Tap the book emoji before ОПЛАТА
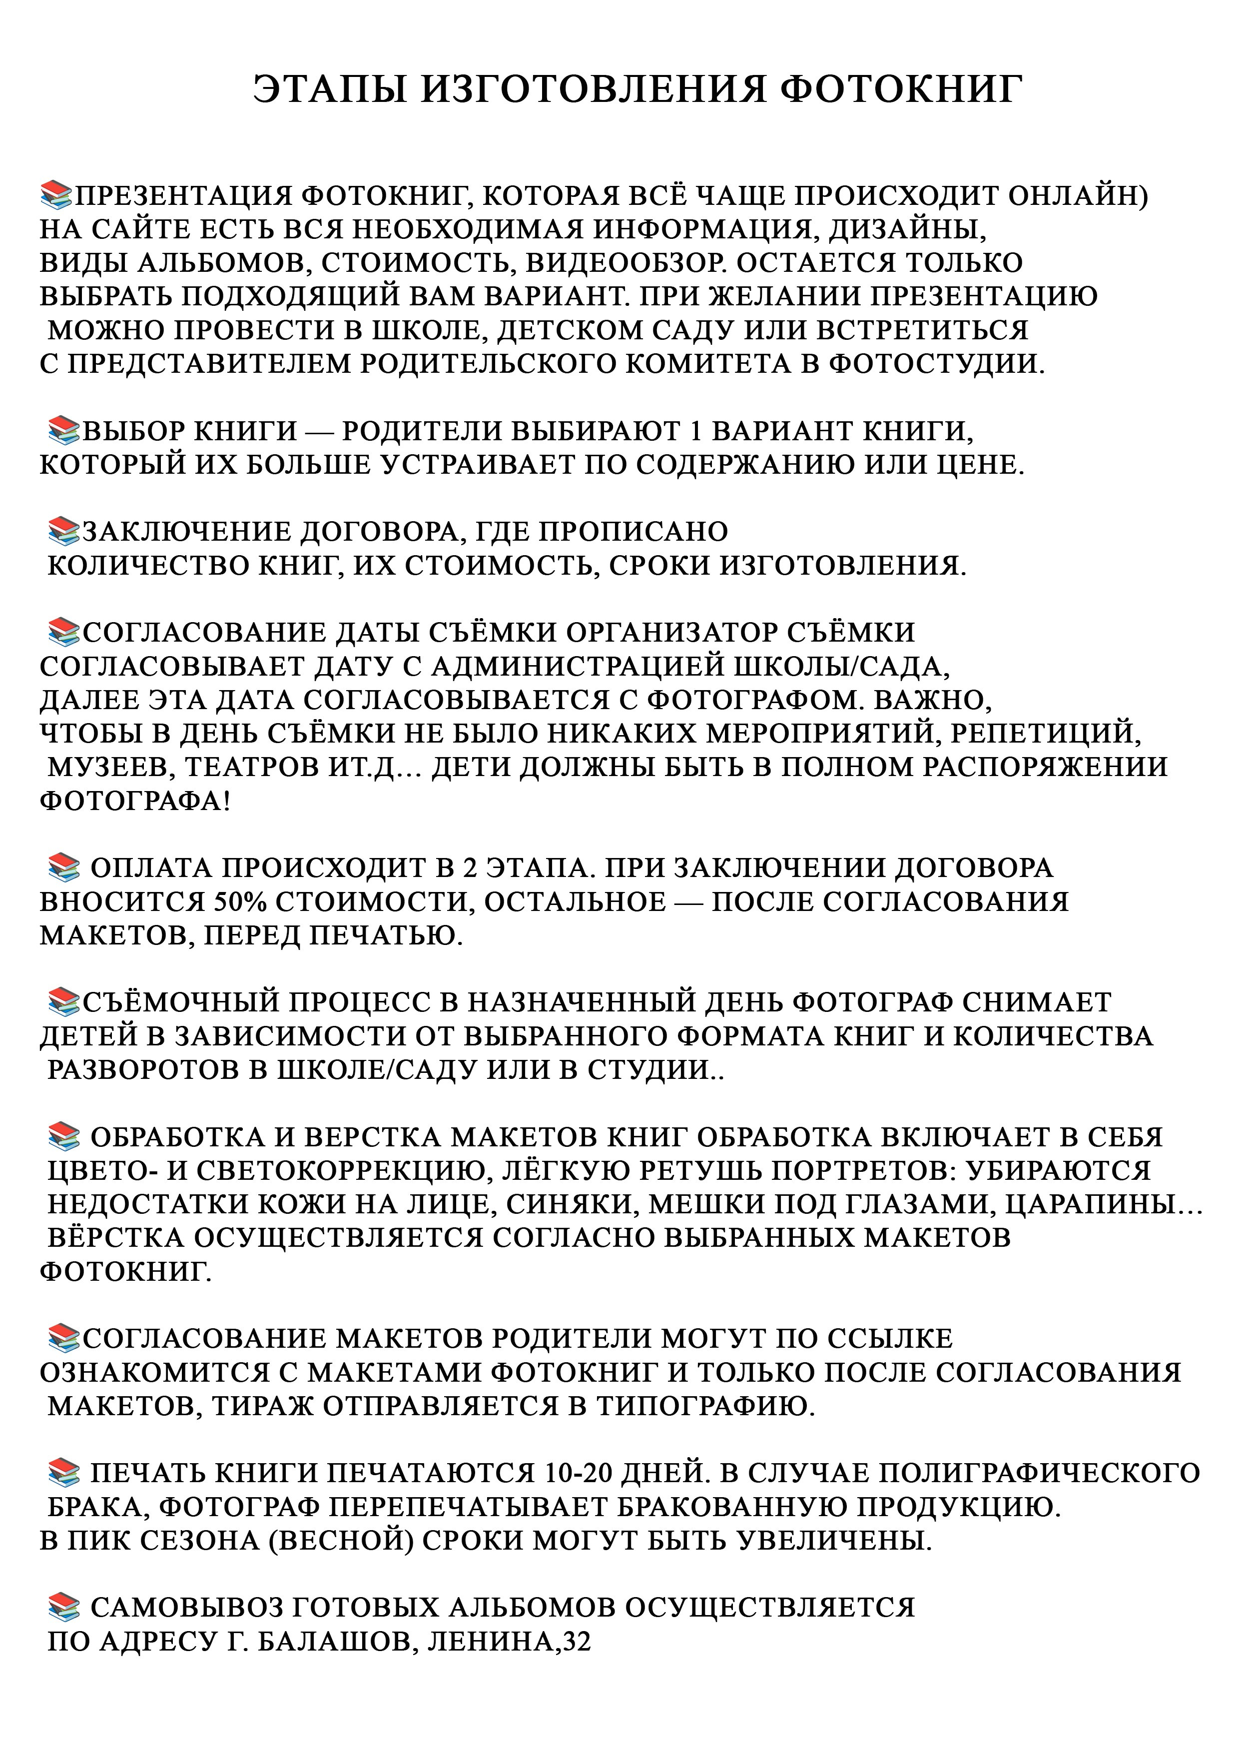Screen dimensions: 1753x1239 (63, 868)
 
